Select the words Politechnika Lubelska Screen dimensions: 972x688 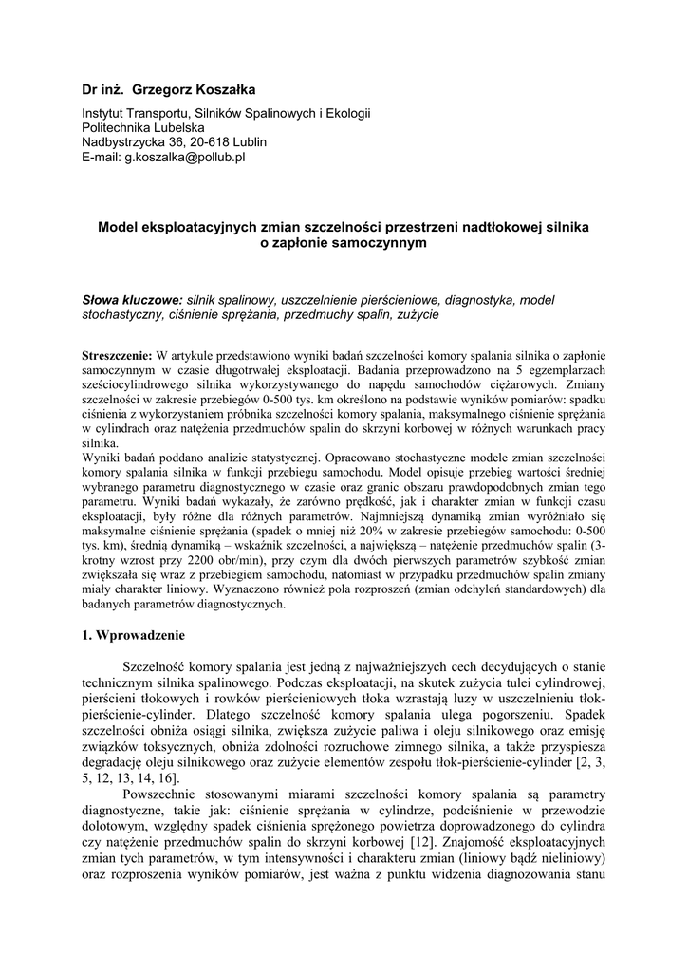[142, 126]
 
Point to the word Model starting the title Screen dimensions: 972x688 [119, 228]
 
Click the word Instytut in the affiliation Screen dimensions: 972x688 [105, 112]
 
